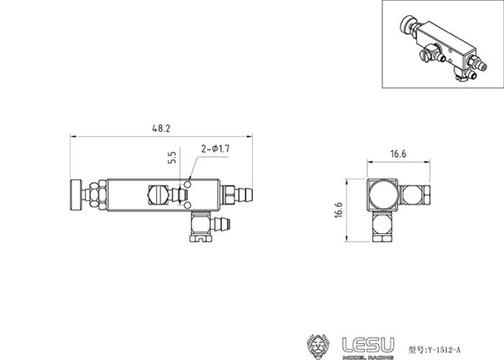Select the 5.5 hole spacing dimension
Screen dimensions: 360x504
[171, 158]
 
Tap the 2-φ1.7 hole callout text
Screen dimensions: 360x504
[214, 149]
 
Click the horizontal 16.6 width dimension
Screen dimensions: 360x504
[398, 154]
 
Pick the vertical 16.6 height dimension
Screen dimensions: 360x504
[338, 210]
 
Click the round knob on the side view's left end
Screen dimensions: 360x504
[75, 195]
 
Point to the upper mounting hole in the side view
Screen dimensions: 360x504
[188, 185]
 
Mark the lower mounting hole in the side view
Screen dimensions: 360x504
[188, 206]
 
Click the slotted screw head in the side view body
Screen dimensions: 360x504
[156, 195]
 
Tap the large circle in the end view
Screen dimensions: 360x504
[382, 195]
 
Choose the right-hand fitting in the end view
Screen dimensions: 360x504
[416, 196]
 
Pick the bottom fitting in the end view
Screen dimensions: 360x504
[382, 226]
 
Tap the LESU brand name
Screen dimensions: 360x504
[368, 343]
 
